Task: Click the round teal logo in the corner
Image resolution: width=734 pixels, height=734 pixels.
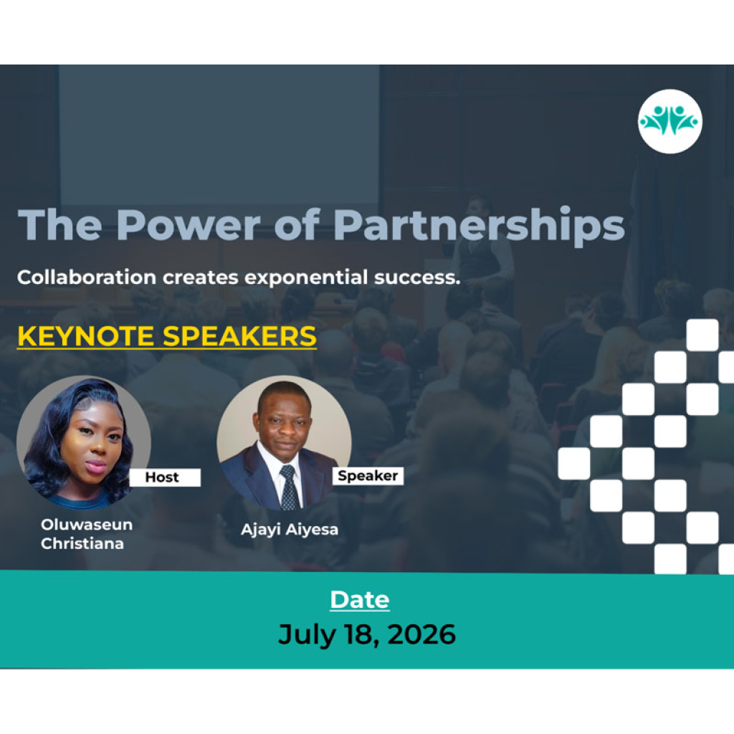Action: coord(670,121)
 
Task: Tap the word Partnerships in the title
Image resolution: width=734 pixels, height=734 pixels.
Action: coord(479,226)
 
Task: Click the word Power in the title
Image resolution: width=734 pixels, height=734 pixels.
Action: coord(189,225)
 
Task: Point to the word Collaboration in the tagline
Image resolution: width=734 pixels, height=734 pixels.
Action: coord(87,277)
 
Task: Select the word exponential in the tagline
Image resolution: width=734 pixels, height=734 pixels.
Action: coord(306,277)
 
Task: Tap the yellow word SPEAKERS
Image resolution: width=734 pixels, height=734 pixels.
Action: coord(239,336)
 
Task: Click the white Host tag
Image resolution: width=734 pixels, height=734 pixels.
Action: coord(165,477)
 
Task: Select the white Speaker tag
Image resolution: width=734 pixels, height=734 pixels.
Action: coord(368,476)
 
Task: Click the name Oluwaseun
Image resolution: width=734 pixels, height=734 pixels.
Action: coord(87,524)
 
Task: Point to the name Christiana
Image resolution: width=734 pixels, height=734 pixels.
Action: coord(82,543)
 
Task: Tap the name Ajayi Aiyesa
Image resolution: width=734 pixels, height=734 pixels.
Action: coord(290,530)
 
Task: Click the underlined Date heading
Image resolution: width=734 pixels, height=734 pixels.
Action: coord(360,600)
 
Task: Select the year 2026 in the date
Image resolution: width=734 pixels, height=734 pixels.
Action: coord(421,634)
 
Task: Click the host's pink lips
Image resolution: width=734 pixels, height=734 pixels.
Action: coord(95,466)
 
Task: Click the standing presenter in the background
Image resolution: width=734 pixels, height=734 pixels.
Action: coord(482,244)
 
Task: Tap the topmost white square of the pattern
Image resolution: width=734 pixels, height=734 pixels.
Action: coord(702,335)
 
